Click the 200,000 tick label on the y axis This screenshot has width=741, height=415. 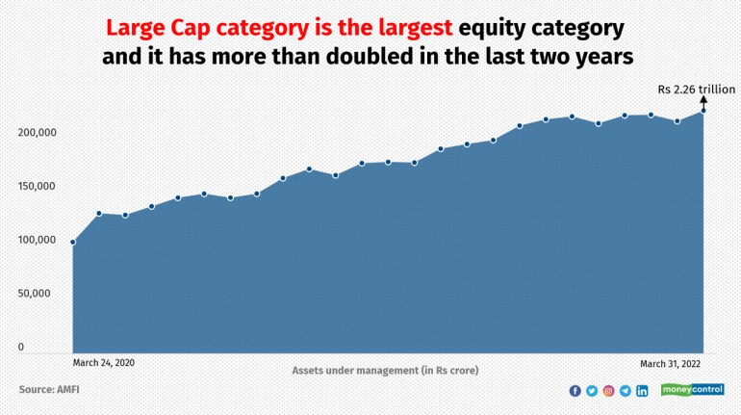point(37,132)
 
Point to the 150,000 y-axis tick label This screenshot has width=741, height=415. point(37,186)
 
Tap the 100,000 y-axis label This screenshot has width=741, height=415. point(37,240)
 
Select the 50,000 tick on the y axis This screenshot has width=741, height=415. point(34,293)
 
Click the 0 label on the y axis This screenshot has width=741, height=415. point(21,347)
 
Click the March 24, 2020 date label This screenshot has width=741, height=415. point(104,363)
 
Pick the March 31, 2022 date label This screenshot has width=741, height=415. point(670,363)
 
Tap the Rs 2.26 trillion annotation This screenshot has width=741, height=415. point(696,90)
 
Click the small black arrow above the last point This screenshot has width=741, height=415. point(703,102)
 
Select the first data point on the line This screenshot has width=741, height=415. point(73,243)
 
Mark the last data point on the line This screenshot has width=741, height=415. point(703,111)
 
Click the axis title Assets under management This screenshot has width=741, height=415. point(385,371)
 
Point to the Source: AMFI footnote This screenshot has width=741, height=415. point(49,389)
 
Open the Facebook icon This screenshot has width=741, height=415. point(575,391)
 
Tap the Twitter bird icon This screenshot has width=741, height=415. point(592,391)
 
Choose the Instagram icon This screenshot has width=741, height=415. point(608,391)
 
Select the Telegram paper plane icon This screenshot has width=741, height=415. point(626,391)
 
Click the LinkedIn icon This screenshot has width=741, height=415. point(642,391)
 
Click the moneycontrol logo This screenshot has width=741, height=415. point(692,390)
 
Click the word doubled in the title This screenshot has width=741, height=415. point(370,56)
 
